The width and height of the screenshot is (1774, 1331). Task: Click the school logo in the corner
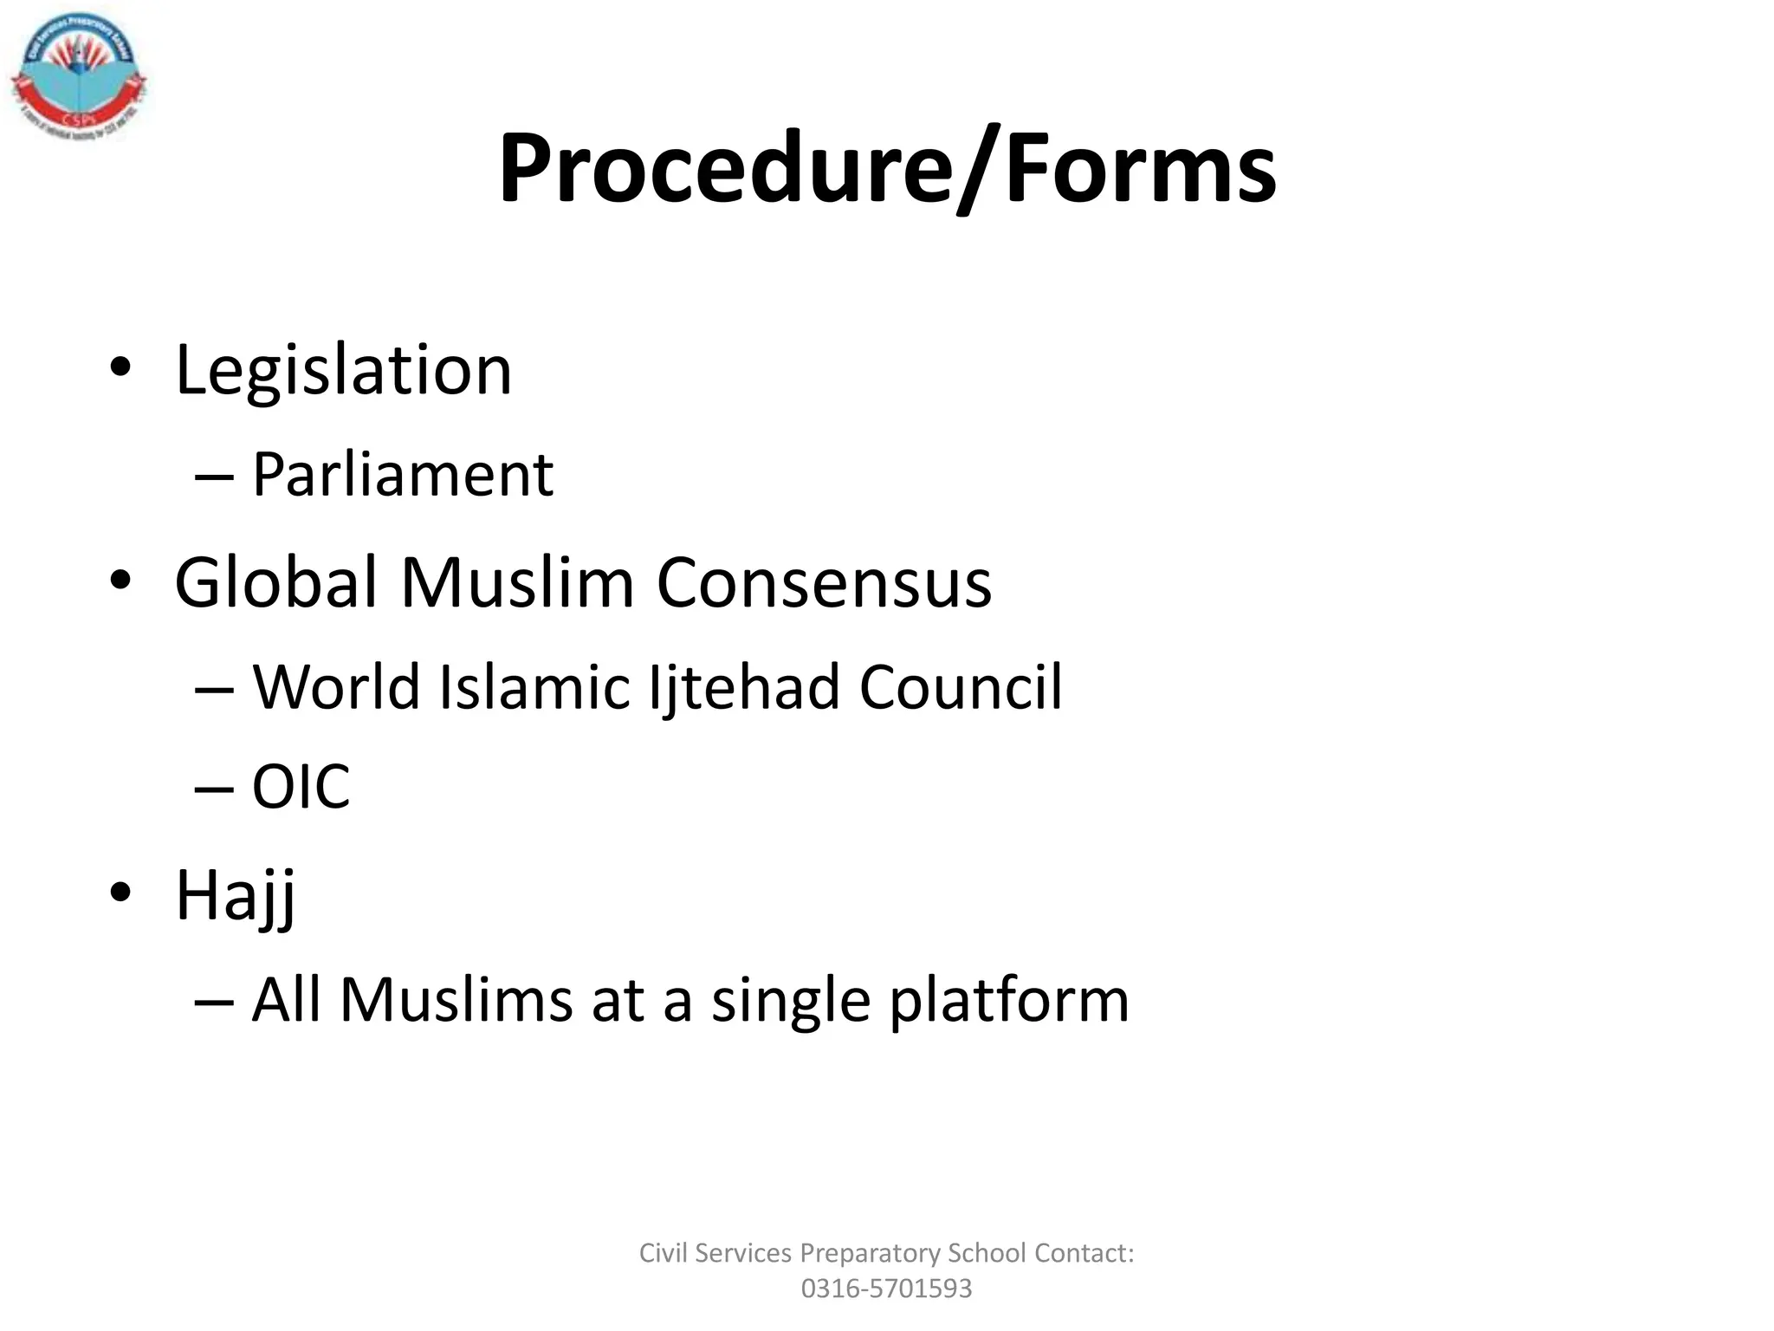(78, 78)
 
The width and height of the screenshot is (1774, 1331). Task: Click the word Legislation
(343, 370)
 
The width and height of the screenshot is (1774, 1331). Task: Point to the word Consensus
(824, 582)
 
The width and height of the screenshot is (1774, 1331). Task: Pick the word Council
(961, 687)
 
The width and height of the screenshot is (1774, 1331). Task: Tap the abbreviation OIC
(301, 788)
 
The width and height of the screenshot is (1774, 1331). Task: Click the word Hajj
(236, 896)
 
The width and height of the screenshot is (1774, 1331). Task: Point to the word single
(790, 1001)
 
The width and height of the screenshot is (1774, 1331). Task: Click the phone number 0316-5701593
(886, 1289)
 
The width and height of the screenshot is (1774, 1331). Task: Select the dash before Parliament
(214, 477)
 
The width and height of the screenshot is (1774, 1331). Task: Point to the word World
(337, 687)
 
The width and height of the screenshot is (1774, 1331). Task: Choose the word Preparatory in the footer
(870, 1253)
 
